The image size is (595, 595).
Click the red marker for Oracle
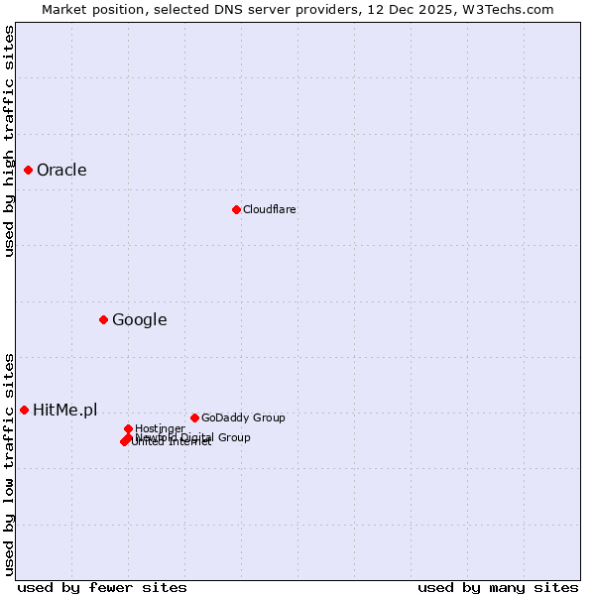pyautogui.click(x=28, y=170)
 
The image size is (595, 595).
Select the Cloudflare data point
pyautogui.click(x=236, y=209)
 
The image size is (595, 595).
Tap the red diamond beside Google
pyautogui.click(x=103, y=319)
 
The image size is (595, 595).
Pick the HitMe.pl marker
pyautogui.click(x=24, y=410)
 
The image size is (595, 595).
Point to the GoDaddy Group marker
pyautogui.click(x=194, y=417)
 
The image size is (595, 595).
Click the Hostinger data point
pyautogui.click(x=128, y=428)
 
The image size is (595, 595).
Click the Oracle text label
pyautogui.click(x=61, y=170)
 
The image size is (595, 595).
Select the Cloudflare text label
pyautogui.click(x=269, y=209)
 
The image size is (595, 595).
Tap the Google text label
pyautogui.click(x=139, y=319)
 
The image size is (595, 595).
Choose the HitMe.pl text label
pyautogui.click(x=64, y=410)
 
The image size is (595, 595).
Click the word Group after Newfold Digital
pyautogui.click(x=234, y=437)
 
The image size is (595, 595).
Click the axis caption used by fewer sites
pyautogui.click(x=102, y=587)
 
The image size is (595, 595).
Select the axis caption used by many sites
pyautogui.click(x=498, y=587)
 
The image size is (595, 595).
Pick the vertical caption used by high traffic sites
pyautogui.click(x=9, y=141)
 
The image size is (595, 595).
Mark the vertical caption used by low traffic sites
pyautogui.click(x=9, y=463)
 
